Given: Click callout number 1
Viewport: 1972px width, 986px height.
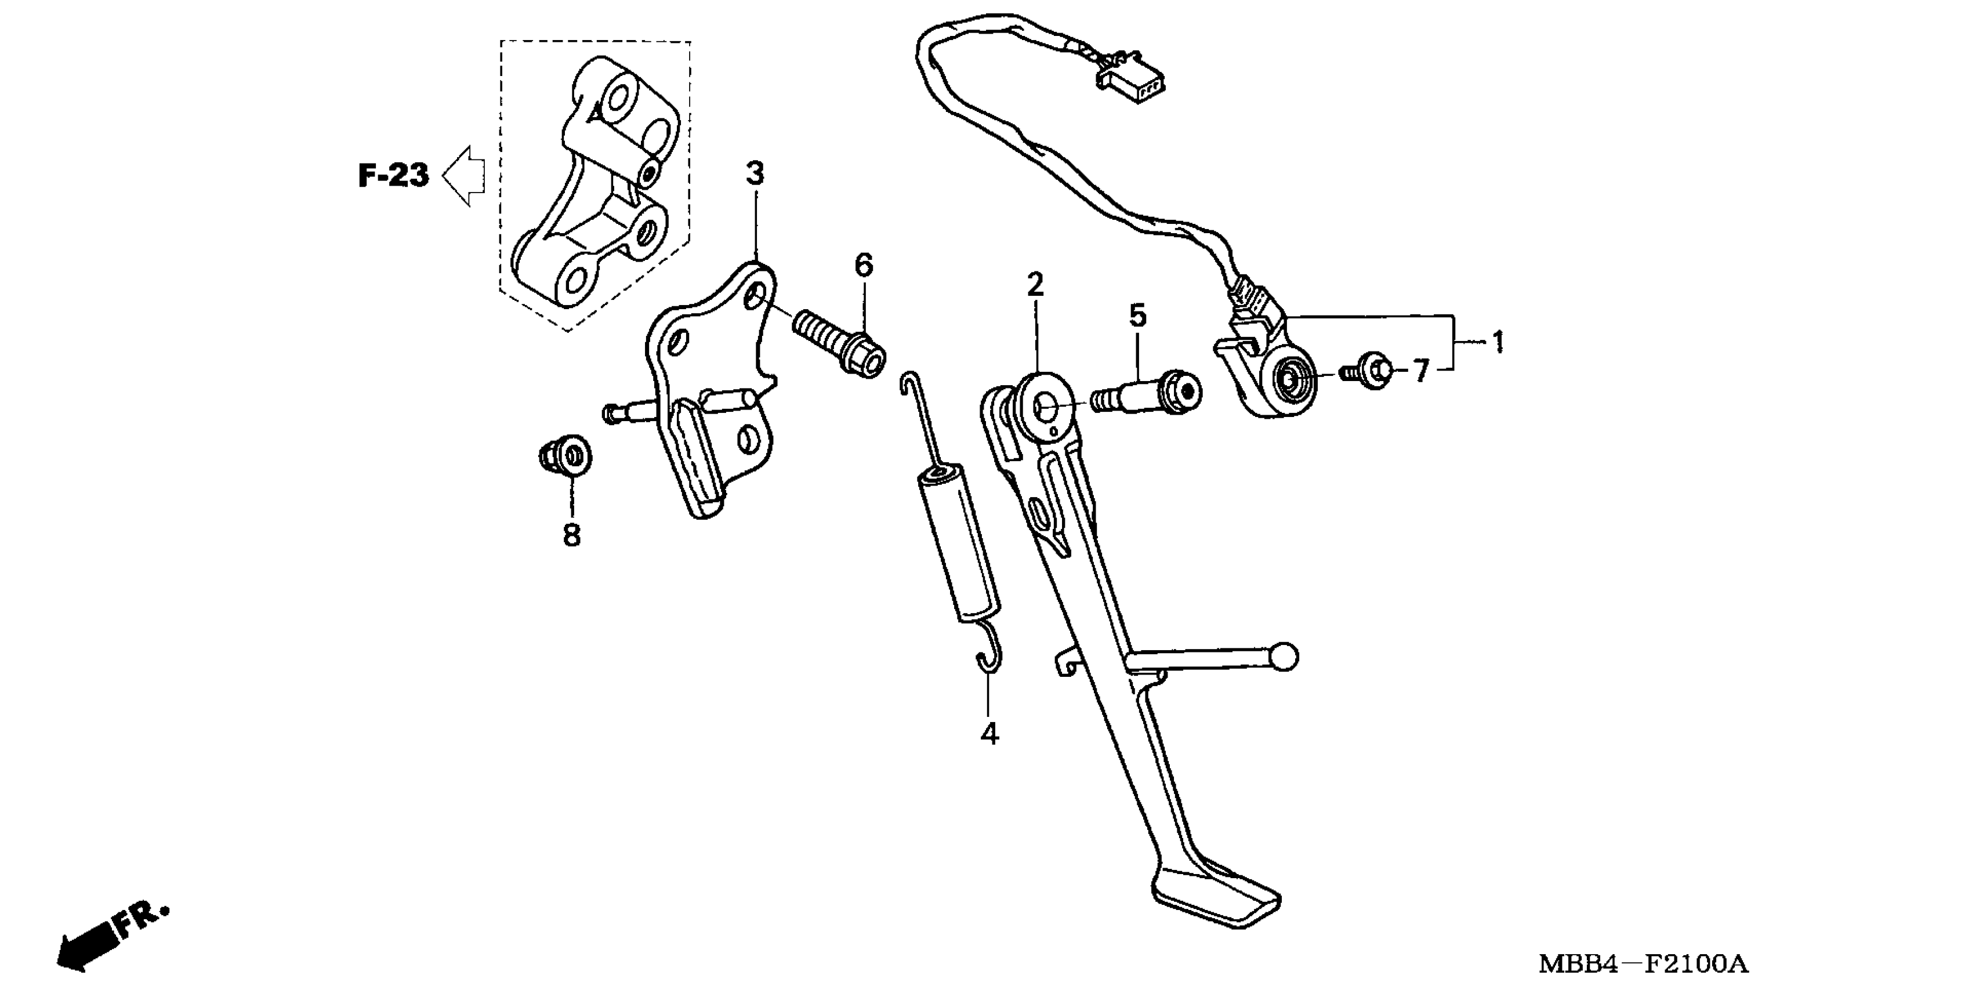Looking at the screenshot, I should (x=1498, y=342).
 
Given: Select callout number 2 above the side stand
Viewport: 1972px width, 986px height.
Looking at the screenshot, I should (x=1035, y=285).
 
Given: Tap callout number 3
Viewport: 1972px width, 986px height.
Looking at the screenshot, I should (x=755, y=175).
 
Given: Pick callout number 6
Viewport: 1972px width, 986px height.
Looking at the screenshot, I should (x=864, y=266).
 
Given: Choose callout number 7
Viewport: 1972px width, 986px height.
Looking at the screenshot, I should (x=1421, y=372).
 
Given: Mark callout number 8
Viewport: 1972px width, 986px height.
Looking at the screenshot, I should (x=572, y=535).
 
